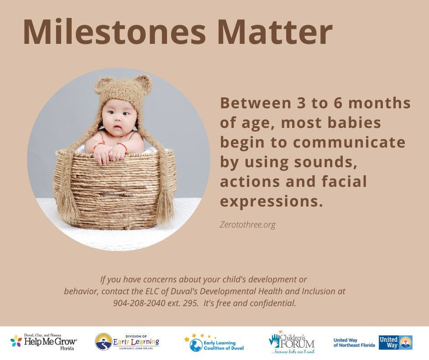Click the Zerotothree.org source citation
(x=248, y=225)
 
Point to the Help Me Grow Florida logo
(x=43, y=342)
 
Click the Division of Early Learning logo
(x=127, y=342)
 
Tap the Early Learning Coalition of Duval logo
(x=214, y=343)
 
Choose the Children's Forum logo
(x=292, y=342)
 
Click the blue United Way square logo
(x=396, y=343)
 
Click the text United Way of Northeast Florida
(x=354, y=343)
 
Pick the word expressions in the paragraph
(x=270, y=201)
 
